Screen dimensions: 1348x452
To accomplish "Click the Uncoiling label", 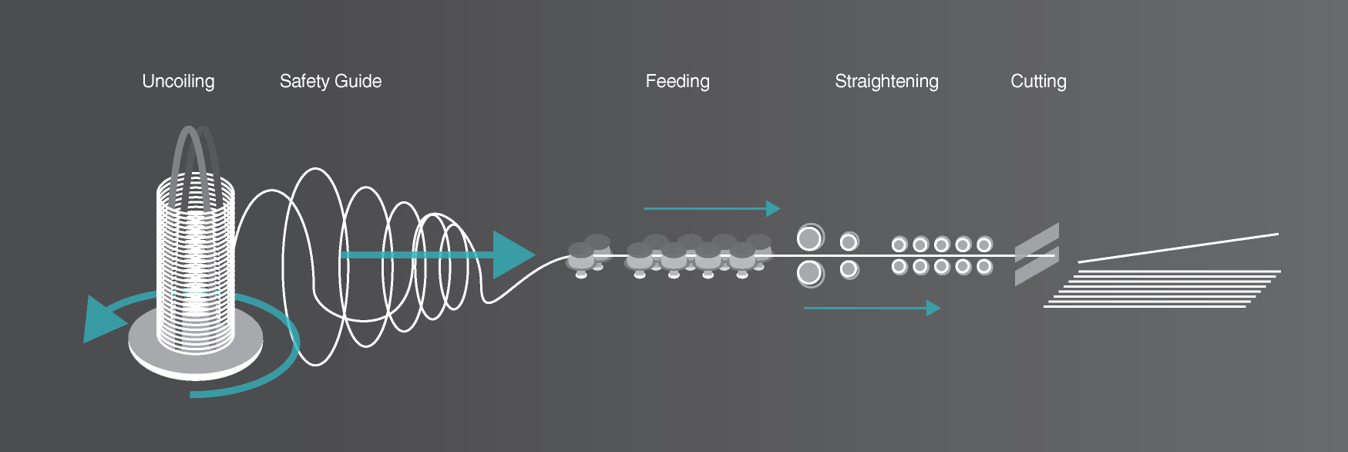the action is (178, 82).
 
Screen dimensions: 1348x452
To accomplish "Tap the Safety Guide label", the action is (331, 81).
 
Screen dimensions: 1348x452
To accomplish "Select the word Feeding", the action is (677, 82).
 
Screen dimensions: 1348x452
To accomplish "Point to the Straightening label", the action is (886, 82).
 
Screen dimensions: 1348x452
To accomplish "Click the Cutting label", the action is (1038, 82).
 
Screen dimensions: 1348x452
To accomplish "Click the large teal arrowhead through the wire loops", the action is (513, 255).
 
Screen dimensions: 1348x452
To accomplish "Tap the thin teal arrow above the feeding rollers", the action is (712, 208).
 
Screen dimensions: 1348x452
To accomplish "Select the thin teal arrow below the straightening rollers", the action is (872, 308).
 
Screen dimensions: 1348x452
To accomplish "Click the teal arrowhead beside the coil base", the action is (103, 319).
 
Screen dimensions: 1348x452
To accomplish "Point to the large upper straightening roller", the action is (809, 238).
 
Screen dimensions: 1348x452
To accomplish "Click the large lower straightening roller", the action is (809, 273).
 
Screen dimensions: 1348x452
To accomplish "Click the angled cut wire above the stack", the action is (1178, 248).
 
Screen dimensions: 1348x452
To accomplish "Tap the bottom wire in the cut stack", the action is (1145, 307).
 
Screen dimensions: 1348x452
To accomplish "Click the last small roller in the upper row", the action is (984, 245).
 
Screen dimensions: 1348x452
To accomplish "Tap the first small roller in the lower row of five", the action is (899, 267).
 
